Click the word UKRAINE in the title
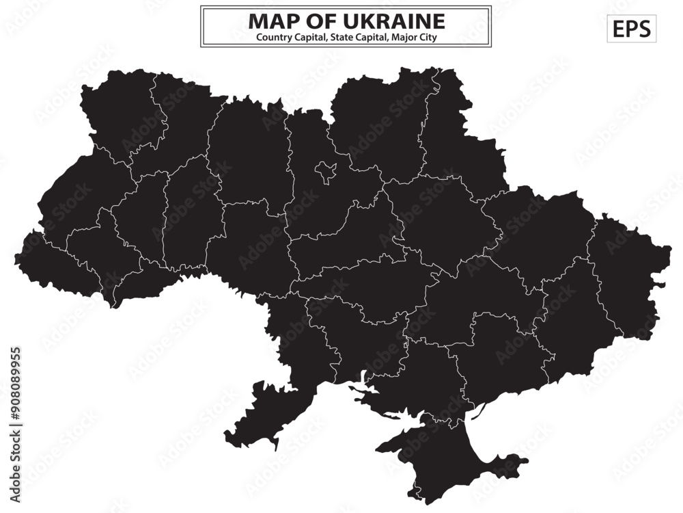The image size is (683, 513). click(x=398, y=21)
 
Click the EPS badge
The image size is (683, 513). click(x=631, y=29)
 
